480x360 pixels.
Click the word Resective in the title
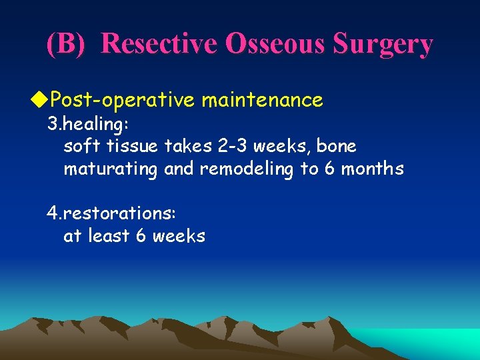160,44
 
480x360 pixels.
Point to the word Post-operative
122,101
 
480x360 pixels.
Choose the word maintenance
262,101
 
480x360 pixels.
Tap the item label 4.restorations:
111,213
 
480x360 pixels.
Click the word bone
338,146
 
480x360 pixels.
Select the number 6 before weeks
141,236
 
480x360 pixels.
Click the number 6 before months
329,169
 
